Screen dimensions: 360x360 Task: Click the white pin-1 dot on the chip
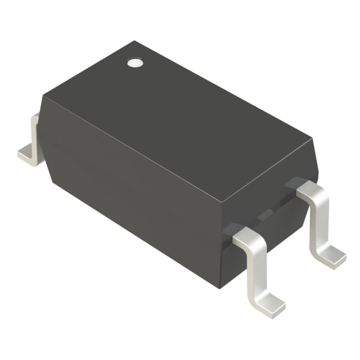pos(135,63)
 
